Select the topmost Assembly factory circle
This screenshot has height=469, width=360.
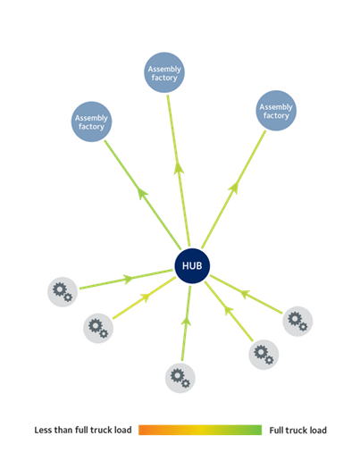(164, 72)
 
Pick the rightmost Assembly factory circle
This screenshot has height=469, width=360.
(275, 112)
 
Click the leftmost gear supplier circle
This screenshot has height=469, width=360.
(63, 290)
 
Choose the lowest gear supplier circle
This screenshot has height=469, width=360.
(179, 377)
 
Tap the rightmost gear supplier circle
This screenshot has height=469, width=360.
(297, 322)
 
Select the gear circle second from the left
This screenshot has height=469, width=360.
(98, 328)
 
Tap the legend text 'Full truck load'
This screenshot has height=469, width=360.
(298, 431)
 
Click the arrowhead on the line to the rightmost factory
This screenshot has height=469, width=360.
(236, 188)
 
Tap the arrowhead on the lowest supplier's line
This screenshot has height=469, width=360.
(185, 317)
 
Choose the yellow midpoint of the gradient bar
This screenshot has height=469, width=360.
(200, 431)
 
